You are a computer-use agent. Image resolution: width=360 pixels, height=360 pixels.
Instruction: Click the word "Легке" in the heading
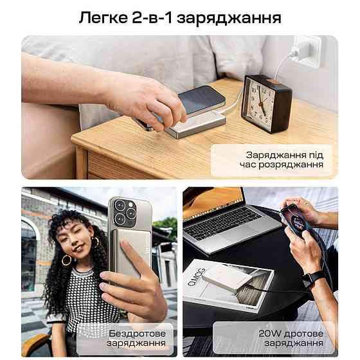pos(104,17)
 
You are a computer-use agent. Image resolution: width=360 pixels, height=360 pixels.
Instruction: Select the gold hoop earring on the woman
pos(66,260)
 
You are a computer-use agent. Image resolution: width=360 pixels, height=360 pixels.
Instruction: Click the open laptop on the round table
pos(222,218)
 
